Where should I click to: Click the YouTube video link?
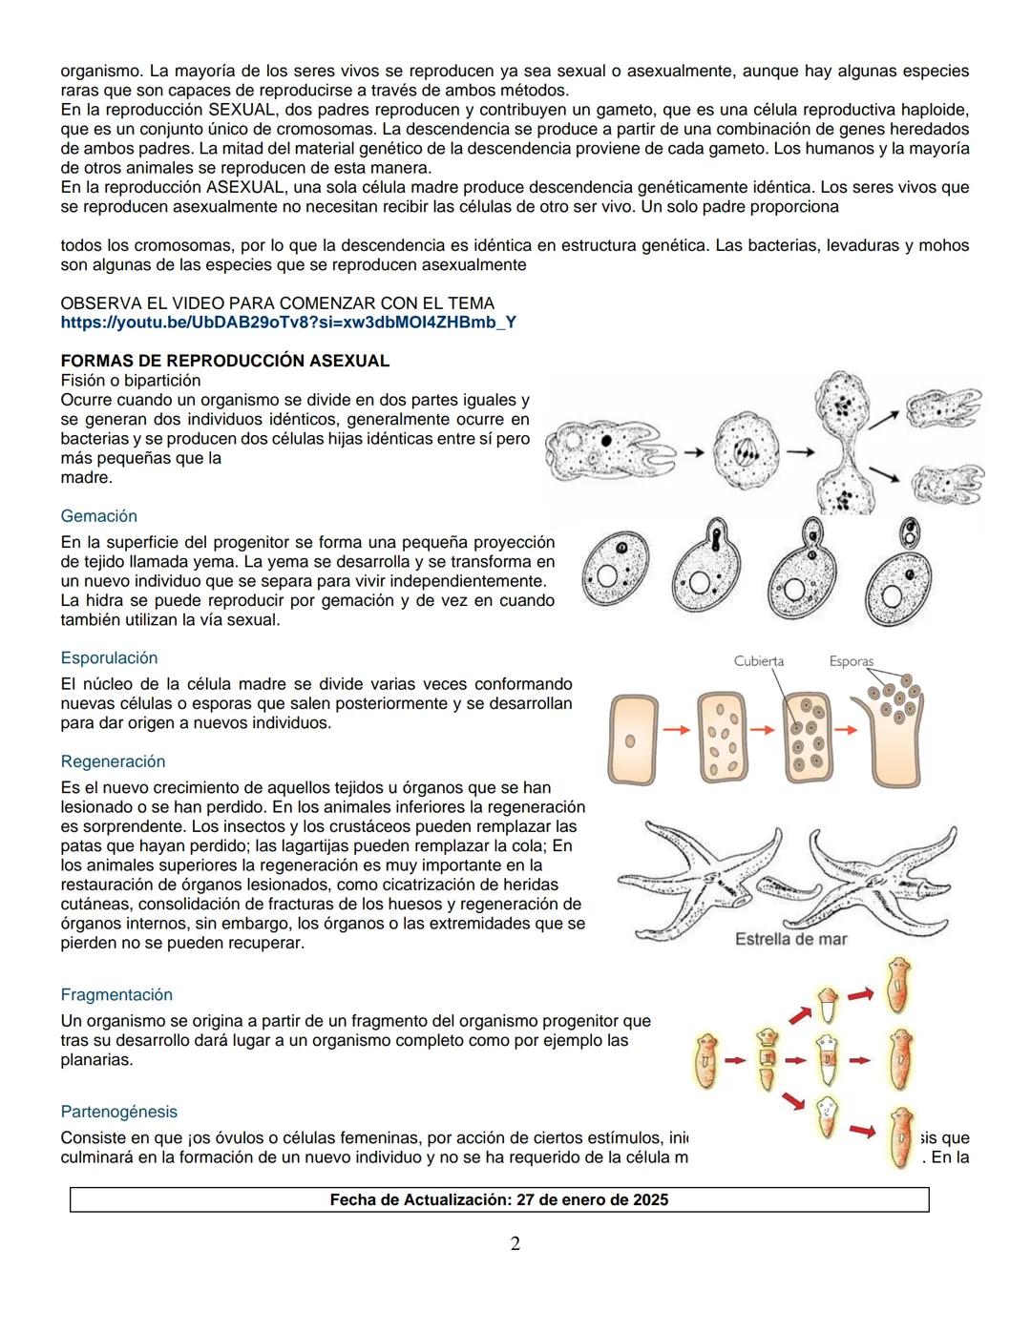pyautogui.click(x=288, y=323)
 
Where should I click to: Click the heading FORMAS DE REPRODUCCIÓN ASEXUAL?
pyautogui.click(x=224, y=361)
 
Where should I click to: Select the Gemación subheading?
pyautogui.click(x=98, y=516)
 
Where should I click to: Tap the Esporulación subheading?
pyautogui.click(x=109, y=658)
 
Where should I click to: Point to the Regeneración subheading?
pyautogui.click(x=113, y=761)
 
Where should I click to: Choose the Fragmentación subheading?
pyautogui.click(x=116, y=994)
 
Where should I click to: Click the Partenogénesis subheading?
pyautogui.click(x=118, y=1112)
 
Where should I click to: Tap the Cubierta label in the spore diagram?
pyautogui.click(x=759, y=661)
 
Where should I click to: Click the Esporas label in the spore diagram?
pyautogui.click(x=851, y=661)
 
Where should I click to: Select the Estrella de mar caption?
pyautogui.click(x=790, y=939)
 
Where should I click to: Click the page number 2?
pyautogui.click(x=515, y=1243)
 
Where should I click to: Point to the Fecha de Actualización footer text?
pyautogui.click(x=498, y=1199)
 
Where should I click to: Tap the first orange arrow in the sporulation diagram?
pyautogui.click(x=676, y=730)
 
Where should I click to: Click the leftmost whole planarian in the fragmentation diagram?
pyautogui.click(x=707, y=1060)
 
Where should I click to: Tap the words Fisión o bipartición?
pyautogui.click(x=131, y=381)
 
